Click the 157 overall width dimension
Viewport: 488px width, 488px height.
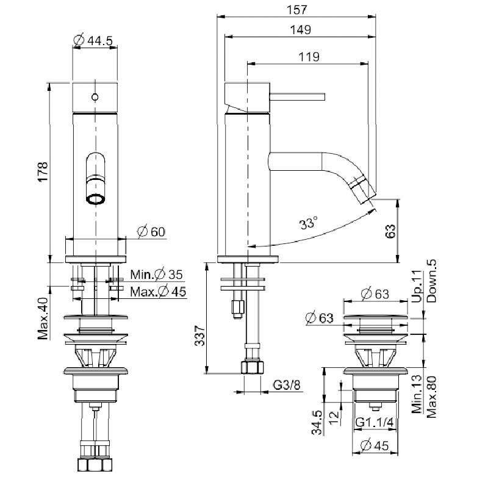pos(296,10)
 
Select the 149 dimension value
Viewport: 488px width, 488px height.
pos(300,30)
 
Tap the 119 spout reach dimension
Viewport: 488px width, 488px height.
pos(309,57)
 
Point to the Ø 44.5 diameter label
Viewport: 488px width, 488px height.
pos(93,40)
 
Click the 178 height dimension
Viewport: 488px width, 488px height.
pos(43,171)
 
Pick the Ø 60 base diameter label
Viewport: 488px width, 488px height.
pos(151,232)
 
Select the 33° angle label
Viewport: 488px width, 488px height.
pos(309,223)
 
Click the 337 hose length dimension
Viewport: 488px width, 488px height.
pos(199,336)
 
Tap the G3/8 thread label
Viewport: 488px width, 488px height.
pos(287,386)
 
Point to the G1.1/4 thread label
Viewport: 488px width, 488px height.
pos(375,423)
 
